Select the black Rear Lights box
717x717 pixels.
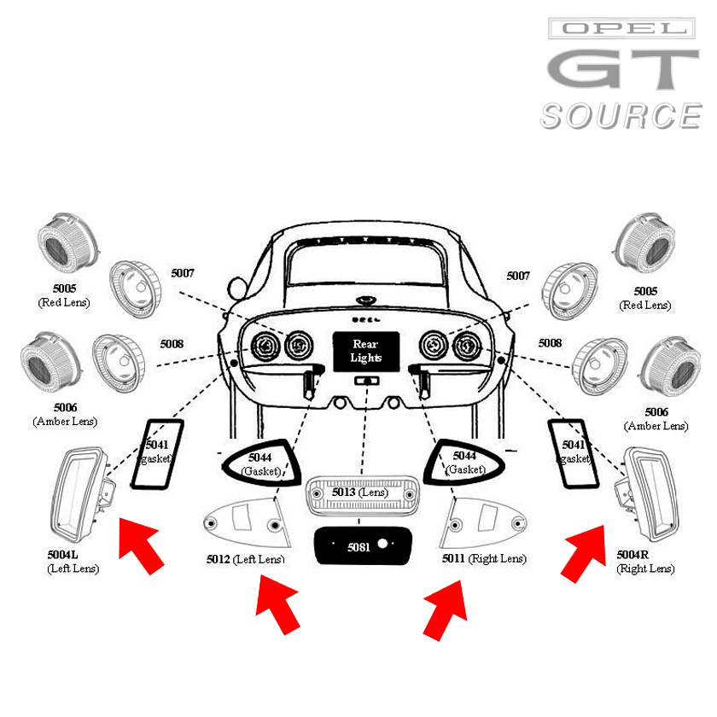365,351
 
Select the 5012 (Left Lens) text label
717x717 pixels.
245,559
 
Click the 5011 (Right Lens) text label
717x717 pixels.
484,559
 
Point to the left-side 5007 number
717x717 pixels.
183,273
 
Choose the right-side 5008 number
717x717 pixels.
550,343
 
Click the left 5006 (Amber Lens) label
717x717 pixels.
65,415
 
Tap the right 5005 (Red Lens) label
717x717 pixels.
645,298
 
